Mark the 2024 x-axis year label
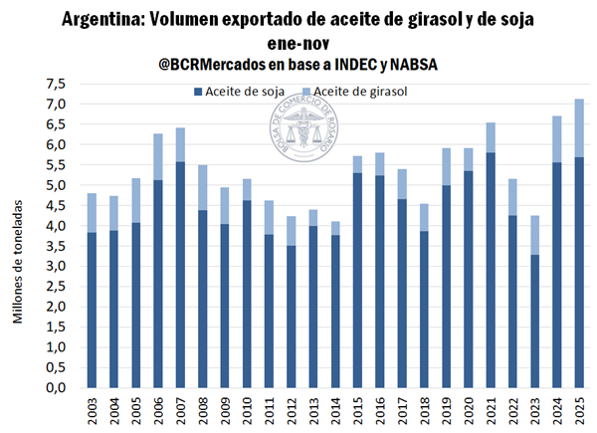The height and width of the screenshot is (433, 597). tap(557, 410)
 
